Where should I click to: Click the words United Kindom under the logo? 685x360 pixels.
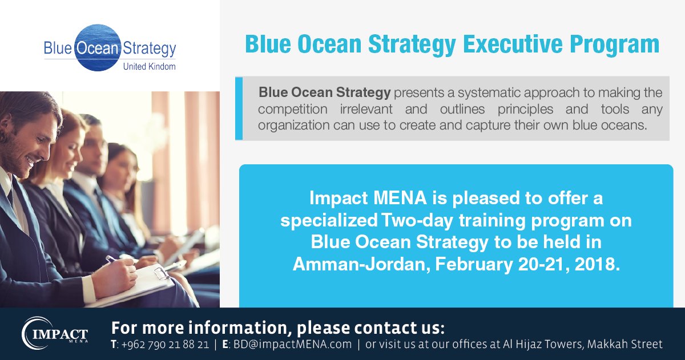click(150, 67)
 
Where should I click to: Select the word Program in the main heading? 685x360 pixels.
click(621, 44)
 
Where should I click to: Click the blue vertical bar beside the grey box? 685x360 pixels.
click(239, 108)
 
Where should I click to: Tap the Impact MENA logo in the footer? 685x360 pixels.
click(55, 333)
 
